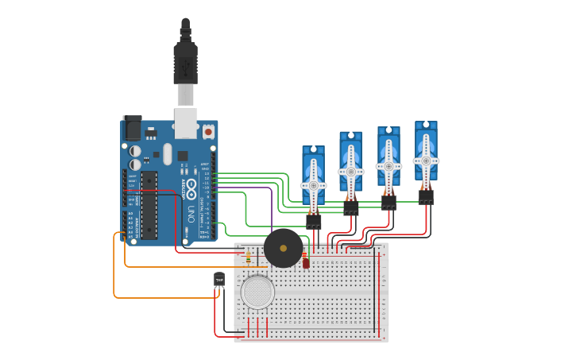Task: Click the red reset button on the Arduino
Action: click(208, 130)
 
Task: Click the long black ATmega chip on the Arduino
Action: click(149, 204)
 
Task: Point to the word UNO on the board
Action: click(190, 214)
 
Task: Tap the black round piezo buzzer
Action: click(283, 248)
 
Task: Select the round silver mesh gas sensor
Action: click(257, 292)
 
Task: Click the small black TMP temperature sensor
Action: click(219, 279)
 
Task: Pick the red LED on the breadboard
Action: click(306, 262)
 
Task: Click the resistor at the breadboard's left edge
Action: click(249, 257)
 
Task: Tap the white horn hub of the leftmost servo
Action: click(313, 186)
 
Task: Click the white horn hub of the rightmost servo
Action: click(426, 161)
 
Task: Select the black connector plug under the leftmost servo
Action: click(313, 221)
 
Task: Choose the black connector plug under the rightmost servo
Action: click(426, 195)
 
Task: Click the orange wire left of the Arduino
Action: click(114, 270)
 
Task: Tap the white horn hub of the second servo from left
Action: click(350, 171)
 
